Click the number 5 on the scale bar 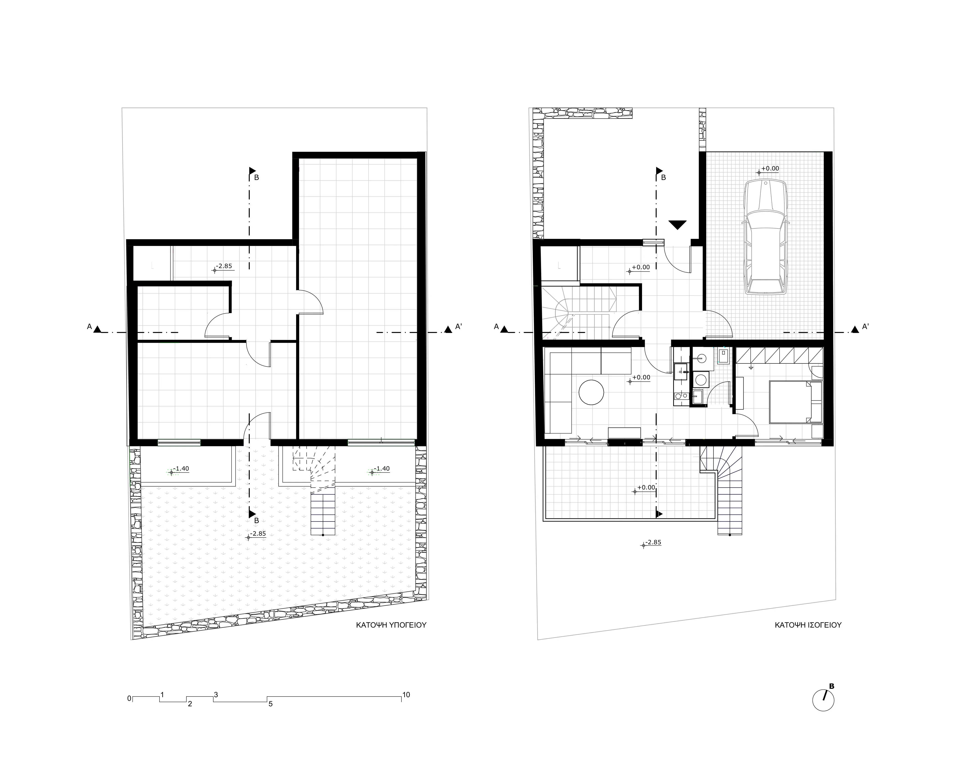point(271,704)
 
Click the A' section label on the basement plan point(459,327)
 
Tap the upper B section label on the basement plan point(257,178)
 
